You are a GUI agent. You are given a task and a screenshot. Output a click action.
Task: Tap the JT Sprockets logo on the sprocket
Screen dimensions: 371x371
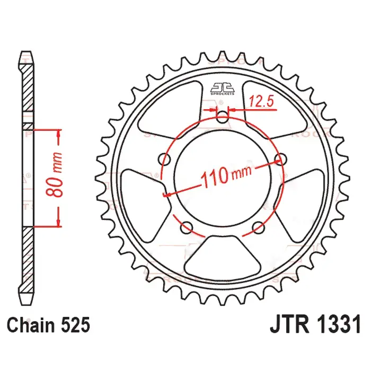point(223,88)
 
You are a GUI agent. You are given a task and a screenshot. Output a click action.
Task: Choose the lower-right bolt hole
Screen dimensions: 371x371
point(259,228)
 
